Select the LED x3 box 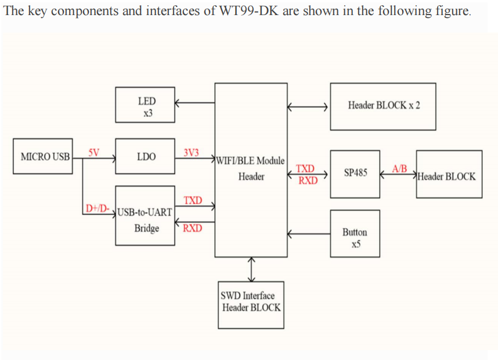[146, 105]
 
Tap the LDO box [146, 156]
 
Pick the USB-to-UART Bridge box [146, 216]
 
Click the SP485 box [355, 173]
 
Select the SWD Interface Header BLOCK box [251, 302]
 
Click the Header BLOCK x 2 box [383, 106]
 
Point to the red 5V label [93, 152]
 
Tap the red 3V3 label [191, 153]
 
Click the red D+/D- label [97, 208]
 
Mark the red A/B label [400, 168]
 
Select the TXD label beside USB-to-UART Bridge [193, 200]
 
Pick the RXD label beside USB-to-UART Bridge [193, 228]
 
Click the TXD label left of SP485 [305, 168]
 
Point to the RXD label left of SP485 [308, 180]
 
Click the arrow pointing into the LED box [194, 104]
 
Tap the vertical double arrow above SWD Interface [251, 268]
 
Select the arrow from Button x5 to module [308, 235]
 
